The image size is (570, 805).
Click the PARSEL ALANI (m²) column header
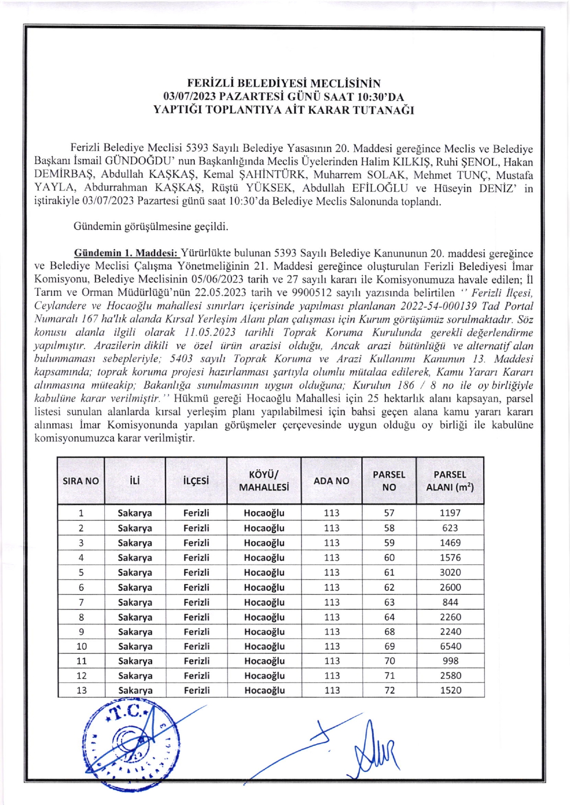pos(450,480)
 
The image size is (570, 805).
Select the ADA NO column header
pos(331,480)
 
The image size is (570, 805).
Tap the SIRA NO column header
pos(80,481)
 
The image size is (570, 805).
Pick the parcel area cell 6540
pos(450,646)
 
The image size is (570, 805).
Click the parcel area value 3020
pos(450,572)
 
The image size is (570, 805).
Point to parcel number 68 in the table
pos(389,631)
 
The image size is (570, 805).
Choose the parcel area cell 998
pos(450,661)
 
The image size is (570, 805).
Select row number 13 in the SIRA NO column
pos(81,690)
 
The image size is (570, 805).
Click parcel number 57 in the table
pos(389,513)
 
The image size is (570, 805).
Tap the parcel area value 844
pos(450,602)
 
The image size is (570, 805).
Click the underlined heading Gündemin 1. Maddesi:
pos(126,253)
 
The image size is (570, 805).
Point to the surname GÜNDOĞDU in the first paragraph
pos(137,162)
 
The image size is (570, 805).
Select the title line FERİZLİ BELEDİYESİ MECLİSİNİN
pos(284,83)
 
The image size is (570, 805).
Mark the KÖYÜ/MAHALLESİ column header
pos(264,480)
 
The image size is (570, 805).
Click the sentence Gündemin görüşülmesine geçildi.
pos(150,226)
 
